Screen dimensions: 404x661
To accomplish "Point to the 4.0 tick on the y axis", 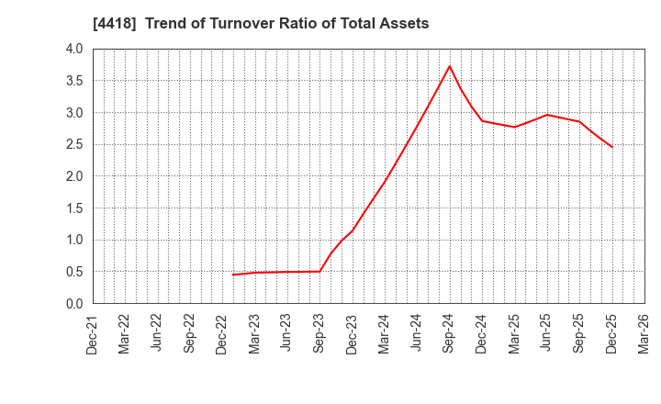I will pyautogui.click(x=74, y=49).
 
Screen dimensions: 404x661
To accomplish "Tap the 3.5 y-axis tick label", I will pyautogui.click(x=74, y=81).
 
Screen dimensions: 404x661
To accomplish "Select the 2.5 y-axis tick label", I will pyautogui.click(x=74, y=144).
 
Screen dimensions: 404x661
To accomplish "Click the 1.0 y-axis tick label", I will pyautogui.click(x=74, y=240).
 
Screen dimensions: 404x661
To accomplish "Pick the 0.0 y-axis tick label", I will pyautogui.click(x=74, y=304).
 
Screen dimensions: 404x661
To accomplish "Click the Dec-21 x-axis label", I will pyautogui.click(x=93, y=333).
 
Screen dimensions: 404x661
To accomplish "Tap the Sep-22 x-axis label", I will pyautogui.click(x=190, y=333).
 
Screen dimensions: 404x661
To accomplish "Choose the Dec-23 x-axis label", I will pyautogui.click(x=353, y=333).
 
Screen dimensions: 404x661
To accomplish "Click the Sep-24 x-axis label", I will pyautogui.click(x=450, y=333).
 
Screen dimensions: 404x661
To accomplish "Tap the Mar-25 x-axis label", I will pyautogui.click(x=515, y=333).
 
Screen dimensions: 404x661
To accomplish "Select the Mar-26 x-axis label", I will pyautogui.click(x=644, y=333).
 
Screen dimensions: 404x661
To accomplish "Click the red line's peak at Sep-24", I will pyautogui.click(x=450, y=66).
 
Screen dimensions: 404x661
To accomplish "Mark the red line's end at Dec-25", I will pyautogui.click(x=611, y=147).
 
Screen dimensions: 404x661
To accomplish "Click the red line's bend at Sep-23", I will pyautogui.click(x=319, y=271).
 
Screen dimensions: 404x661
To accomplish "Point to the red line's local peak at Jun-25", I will pyautogui.click(x=547, y=115).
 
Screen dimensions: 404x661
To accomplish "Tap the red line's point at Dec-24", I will pyautogui.click(x=482, y=121).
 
